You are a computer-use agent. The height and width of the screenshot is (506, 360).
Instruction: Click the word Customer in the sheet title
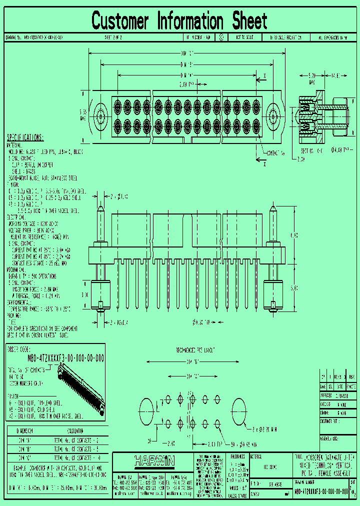coord(120,21)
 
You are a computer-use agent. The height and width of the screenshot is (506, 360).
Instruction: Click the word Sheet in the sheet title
coord(250,21)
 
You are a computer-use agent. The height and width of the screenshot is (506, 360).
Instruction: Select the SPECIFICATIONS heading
coord(25,138)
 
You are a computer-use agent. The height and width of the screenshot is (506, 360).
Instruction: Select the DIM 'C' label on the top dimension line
coord(186,52)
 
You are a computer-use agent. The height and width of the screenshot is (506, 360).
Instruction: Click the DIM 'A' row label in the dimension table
coord(24,439)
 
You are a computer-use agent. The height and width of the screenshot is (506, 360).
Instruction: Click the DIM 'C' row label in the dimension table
coord(24,457)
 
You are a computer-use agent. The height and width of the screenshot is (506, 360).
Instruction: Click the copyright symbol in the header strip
coord(221,37)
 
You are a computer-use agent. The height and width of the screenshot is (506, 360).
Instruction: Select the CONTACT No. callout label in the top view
coord(275,153)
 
